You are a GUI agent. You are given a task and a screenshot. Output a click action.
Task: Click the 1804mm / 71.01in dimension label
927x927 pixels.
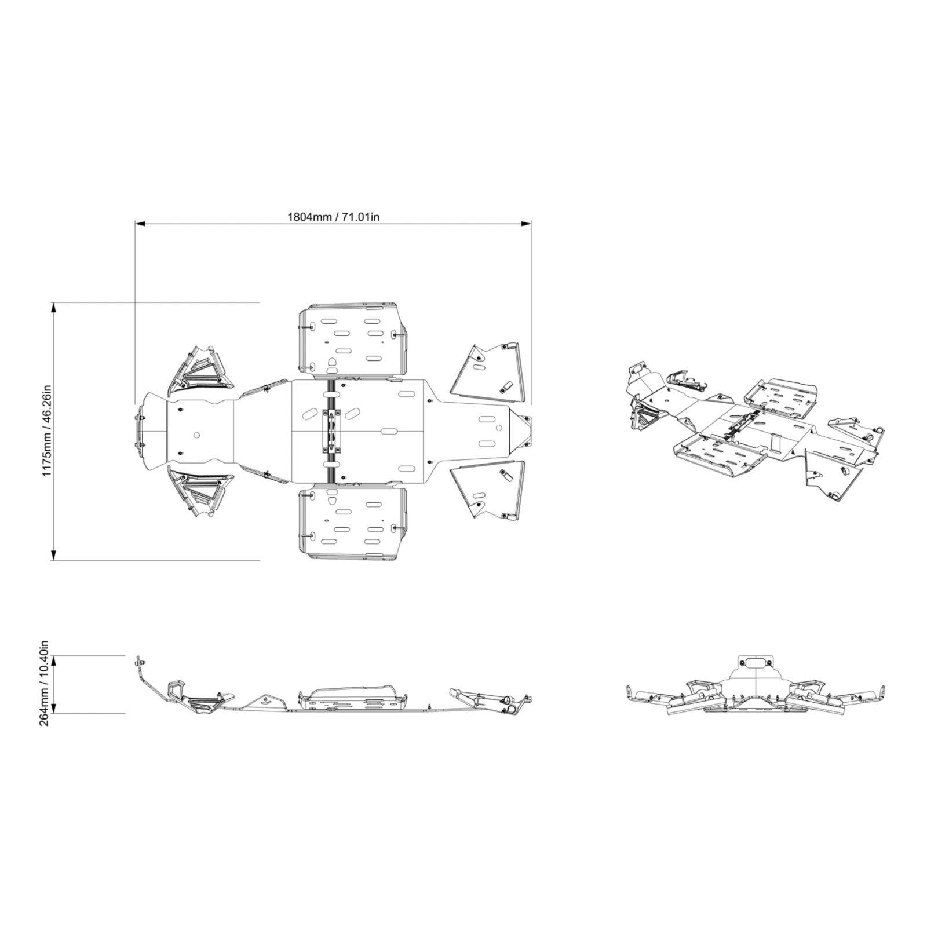334,217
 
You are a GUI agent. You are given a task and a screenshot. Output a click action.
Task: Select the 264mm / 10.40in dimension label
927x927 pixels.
46,684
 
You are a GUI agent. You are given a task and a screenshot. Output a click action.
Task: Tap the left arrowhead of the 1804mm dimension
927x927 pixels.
140,223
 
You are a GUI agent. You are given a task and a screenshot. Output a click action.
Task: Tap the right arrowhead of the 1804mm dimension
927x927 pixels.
527,223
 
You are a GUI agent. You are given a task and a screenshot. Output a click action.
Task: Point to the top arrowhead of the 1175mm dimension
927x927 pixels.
54,307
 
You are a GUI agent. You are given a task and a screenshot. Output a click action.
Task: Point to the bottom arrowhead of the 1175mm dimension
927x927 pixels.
54,556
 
